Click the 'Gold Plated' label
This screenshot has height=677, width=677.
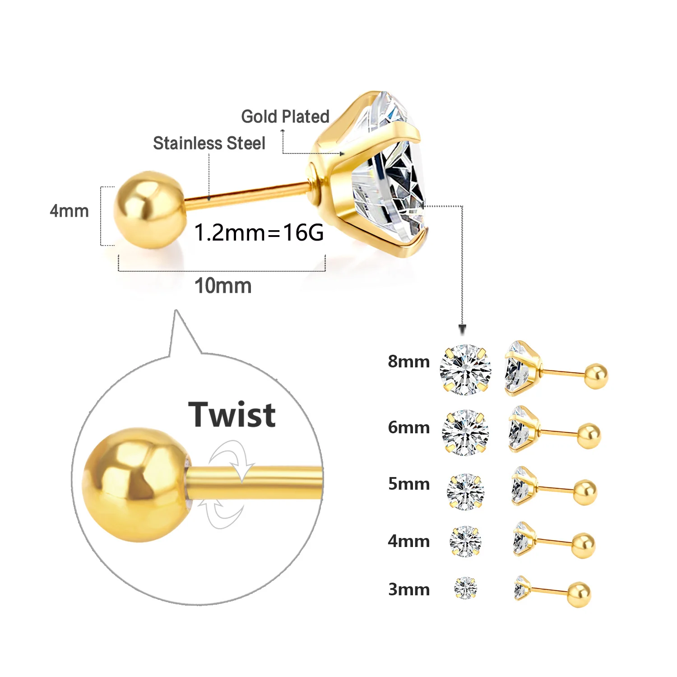(x=285, y=116)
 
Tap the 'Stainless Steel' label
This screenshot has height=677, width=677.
(x=209, y=143)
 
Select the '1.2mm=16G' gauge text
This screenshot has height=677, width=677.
(x=259, y=232)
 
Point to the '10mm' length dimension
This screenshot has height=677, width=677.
(x=223, y=286)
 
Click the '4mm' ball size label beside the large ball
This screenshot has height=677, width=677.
(x=69, y=211)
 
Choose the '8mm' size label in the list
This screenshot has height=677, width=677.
(x=408, y=362)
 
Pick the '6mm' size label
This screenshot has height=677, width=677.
(x=408, y=427)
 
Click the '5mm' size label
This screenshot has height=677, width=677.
(x=408, y=484)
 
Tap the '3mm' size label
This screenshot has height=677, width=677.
(x=408, y=589)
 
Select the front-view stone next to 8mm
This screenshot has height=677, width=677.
(x=465, y=370)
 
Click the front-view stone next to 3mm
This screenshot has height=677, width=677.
(x=465, y=588)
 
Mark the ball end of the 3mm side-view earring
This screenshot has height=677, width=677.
(x=579, y=594)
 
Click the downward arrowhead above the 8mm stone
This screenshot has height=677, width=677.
(x=462, y=330)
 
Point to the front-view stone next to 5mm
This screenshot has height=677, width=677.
(x=465, y=491)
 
